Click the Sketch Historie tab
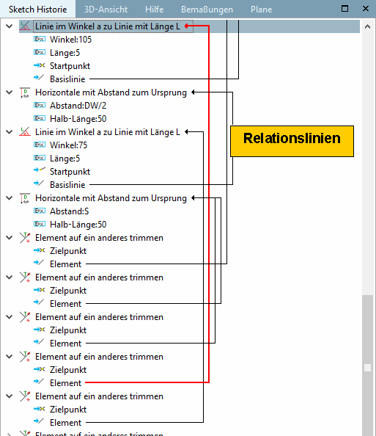click(38, 10)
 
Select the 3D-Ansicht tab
click(106, 10)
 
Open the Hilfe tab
click(154, 10)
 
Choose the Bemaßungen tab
click(207, 10)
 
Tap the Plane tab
click(261, 10)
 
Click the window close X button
click(366, 9)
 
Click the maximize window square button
click(344, 9)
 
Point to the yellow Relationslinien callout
click(292, 141)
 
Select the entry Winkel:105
click(70, 40)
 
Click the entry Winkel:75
click(68, 145)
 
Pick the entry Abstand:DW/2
click(78, 106)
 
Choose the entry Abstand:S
click(70, 211)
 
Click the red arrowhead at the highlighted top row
click(186, 26)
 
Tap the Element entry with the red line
click(65, 383)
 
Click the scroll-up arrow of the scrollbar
click(367, 26)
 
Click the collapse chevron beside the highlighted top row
click(10, 26)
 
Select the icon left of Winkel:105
click(40, 39)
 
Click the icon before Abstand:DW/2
click(40, 105)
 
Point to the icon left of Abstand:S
click(40, 211)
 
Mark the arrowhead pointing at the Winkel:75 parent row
click(187, 132)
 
